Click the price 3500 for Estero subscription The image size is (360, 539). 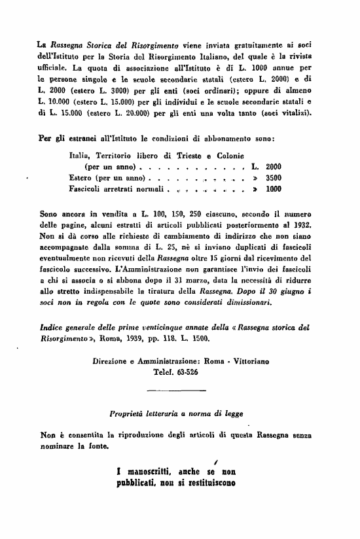click(x=274, y=177)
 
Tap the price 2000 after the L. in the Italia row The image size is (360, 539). click(x=274, y=166)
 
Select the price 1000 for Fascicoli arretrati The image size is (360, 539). click(x=274, y=189)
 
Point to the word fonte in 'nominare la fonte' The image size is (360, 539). click(x=98, y=446)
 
